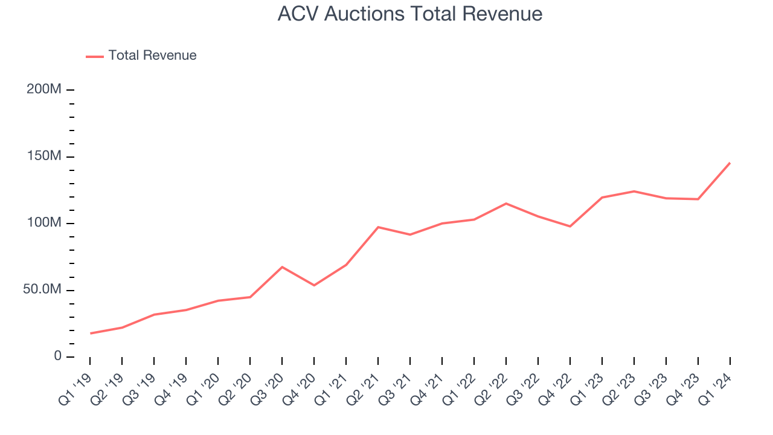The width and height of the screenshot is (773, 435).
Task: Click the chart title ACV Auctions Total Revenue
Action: point(409,14)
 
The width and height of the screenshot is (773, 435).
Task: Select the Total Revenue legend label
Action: point(152,56)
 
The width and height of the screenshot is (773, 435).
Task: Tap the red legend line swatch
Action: point(95,56)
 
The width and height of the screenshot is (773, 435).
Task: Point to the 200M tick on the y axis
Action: point(44,89)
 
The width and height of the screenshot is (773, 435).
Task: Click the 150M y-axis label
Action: point(44,156)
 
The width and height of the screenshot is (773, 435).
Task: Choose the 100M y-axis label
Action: point(44,223)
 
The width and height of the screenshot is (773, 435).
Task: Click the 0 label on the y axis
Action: point(58,356)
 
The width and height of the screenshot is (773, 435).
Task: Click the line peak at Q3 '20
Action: point(282,267)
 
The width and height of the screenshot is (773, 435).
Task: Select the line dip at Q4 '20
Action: point(314,285)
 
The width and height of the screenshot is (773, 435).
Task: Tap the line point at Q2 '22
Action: point(506,204)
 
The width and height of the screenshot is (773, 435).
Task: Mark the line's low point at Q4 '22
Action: point(570,227)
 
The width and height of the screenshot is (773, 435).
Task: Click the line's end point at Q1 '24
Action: point(730,163)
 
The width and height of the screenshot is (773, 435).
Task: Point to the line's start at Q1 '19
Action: point(90,333)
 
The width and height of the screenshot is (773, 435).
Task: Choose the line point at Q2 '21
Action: point(378,227)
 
